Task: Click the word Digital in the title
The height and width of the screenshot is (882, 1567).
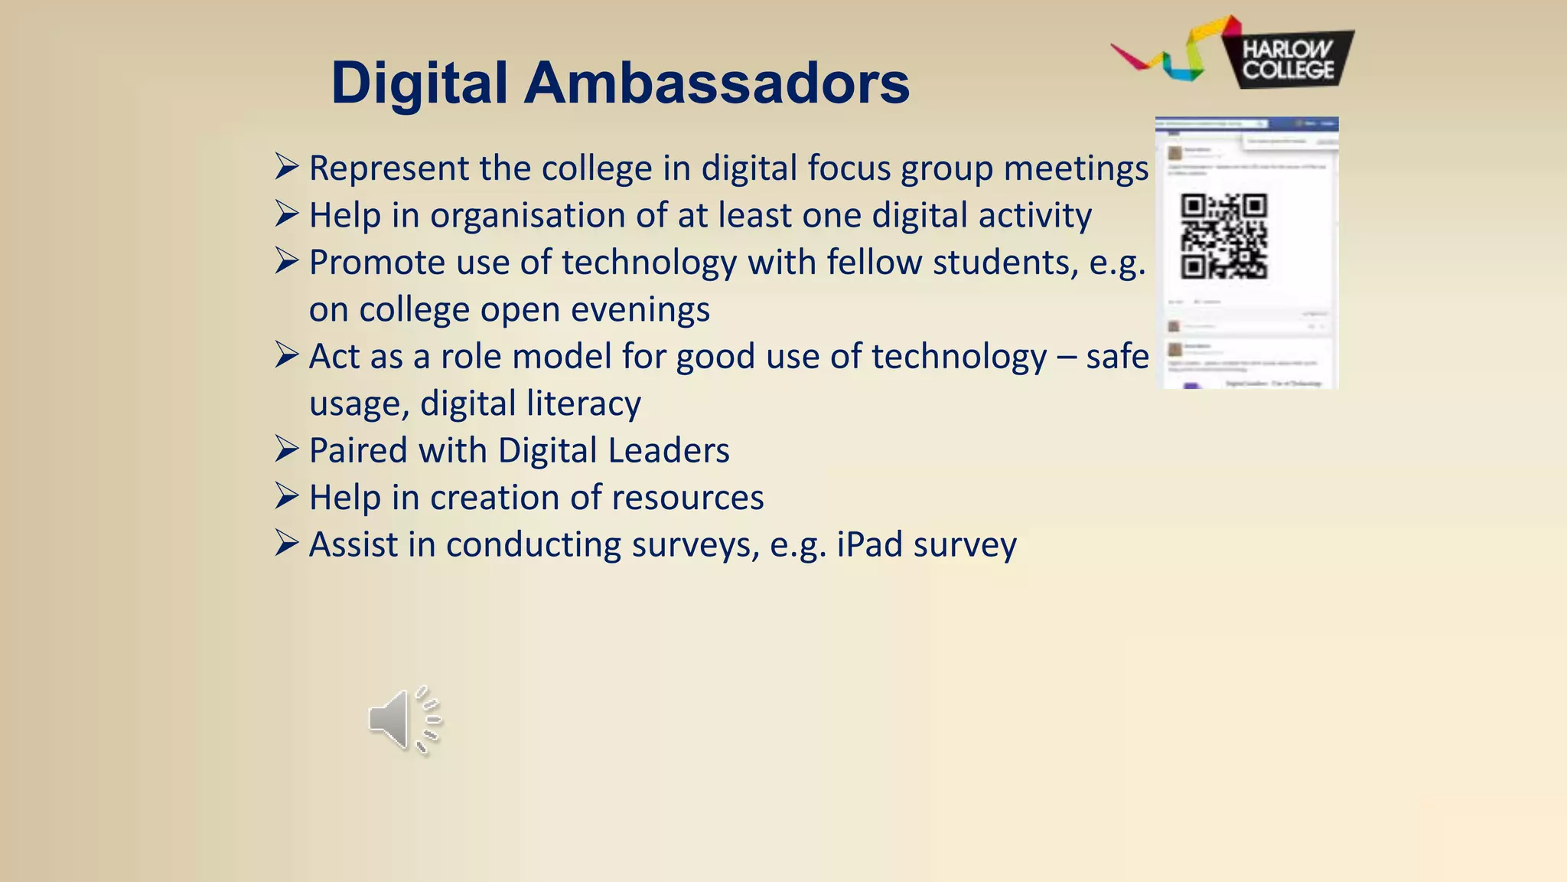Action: click(419, 83)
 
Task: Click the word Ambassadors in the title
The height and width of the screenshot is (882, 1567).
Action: click(716, 83)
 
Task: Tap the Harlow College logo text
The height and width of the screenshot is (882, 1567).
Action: click(1288, 60)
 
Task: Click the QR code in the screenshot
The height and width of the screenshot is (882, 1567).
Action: click(1224, 236)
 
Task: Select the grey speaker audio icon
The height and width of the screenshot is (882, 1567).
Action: click(404, 720)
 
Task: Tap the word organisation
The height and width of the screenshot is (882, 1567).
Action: click(527, 216)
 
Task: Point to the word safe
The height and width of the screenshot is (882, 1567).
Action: click(1117, 357)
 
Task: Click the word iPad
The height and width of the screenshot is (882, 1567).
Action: click(870, 545)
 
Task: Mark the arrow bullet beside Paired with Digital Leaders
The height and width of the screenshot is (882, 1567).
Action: click(286, 449)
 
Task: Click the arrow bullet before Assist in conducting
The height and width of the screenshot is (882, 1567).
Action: click(286, 544)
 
